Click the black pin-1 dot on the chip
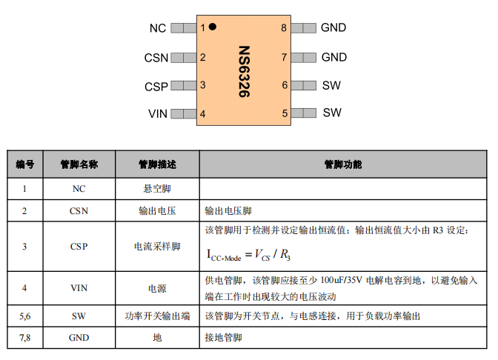tap(213, 27)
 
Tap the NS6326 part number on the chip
tap(245, 71)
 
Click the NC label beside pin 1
tap(158, 28)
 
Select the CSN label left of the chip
tap(156, 58)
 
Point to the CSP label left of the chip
tap(156, 87)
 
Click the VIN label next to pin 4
tap(158, 113)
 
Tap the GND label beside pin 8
tap(333, 27)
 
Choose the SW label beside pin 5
tap(332, 113)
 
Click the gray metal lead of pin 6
tap(304, 85)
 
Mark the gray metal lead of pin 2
tap(184, 58)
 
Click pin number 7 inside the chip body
tap(284, 58)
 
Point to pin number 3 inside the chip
tap(202, 85)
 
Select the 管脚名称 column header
tap(79, 164)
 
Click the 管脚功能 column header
tap(343, 164)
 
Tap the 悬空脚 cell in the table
tap(157, 189)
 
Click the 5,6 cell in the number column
tap(24, 316)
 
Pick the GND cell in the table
tap(79, 338)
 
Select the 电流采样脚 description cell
tap(157, 247)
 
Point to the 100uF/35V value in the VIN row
tap(341, 280)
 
